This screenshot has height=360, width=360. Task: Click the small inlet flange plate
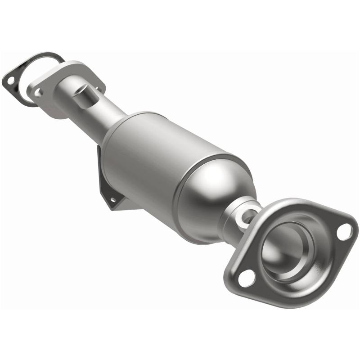[x=49, y=97]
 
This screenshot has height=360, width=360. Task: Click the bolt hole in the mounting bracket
[x=112, y=198]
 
